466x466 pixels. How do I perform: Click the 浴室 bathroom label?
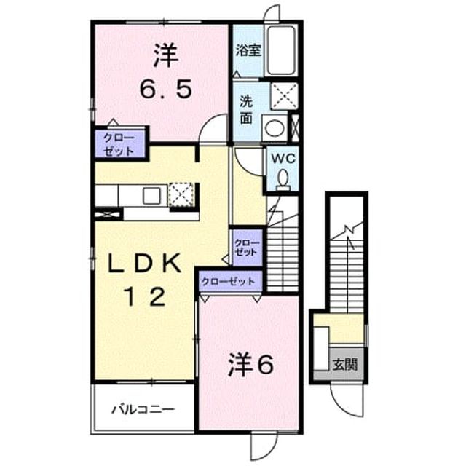248,50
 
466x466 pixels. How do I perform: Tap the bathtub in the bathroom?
281,50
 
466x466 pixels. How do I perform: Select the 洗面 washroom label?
246,110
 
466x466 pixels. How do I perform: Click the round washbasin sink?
275,128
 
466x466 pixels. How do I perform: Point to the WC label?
283,158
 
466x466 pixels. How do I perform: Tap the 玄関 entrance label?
344,364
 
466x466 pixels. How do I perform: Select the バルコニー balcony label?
143,410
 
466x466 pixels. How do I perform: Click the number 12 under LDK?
146,296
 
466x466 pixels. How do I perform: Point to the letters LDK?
145,262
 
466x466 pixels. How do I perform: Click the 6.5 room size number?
166,89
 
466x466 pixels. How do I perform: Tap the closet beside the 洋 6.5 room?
120,144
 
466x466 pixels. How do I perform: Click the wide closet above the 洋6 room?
230,281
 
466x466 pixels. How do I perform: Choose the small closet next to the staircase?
248,248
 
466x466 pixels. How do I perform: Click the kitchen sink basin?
151,196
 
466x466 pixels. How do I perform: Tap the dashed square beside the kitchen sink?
181,195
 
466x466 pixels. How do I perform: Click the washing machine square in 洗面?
285,95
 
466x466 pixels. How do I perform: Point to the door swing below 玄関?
347,400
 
